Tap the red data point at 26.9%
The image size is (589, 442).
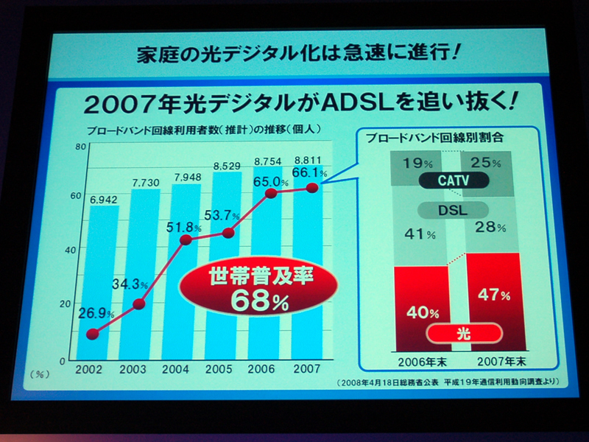(x=92, y=334)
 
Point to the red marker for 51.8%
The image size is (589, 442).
(x=186, y=239)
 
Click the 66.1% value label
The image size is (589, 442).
(x=310, y=172)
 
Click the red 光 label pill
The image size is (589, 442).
(x=464, y=334)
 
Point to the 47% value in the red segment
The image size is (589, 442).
(x=494, y=296)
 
